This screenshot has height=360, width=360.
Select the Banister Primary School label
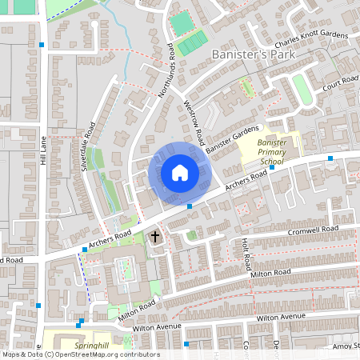(x=272, y=150)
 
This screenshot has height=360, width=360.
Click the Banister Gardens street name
(x=232, y=139)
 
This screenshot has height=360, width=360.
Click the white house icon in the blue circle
(x=180, y=173)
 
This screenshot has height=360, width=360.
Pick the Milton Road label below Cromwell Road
(x=271, y=274)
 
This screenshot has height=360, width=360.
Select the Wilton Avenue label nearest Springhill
(x=135, y=326)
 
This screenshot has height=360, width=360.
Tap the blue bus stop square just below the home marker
(x=190, y=206)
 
